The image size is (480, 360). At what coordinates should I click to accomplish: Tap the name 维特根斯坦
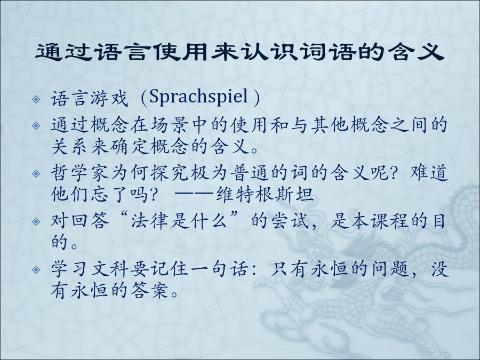point(265,194)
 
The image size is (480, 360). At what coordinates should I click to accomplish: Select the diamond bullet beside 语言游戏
point(36,99)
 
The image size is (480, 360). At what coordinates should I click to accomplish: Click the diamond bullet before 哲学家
point(36,173)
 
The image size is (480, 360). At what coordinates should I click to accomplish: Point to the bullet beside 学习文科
point(36,269)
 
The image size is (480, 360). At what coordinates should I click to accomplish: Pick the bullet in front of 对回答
point(36,221)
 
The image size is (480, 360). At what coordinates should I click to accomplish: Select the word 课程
point(389,221)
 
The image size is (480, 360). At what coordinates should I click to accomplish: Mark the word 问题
point(389,269)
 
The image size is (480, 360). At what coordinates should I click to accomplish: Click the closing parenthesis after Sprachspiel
point(257,98)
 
